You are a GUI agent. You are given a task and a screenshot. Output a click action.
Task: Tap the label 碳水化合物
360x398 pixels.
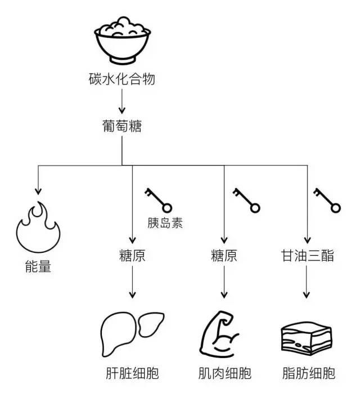[121, 79]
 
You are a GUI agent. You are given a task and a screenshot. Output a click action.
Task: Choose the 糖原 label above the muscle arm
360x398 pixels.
[223, 256]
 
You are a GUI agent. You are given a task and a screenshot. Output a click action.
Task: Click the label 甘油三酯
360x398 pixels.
[308, 256]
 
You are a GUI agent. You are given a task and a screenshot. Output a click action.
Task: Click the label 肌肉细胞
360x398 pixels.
[223, 373]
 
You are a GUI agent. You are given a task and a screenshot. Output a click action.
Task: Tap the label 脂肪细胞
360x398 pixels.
[308, 373]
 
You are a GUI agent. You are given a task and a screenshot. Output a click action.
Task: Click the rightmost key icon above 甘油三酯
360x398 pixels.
[327, 200]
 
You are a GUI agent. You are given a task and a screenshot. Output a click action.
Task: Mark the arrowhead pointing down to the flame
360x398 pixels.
[38, 191]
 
